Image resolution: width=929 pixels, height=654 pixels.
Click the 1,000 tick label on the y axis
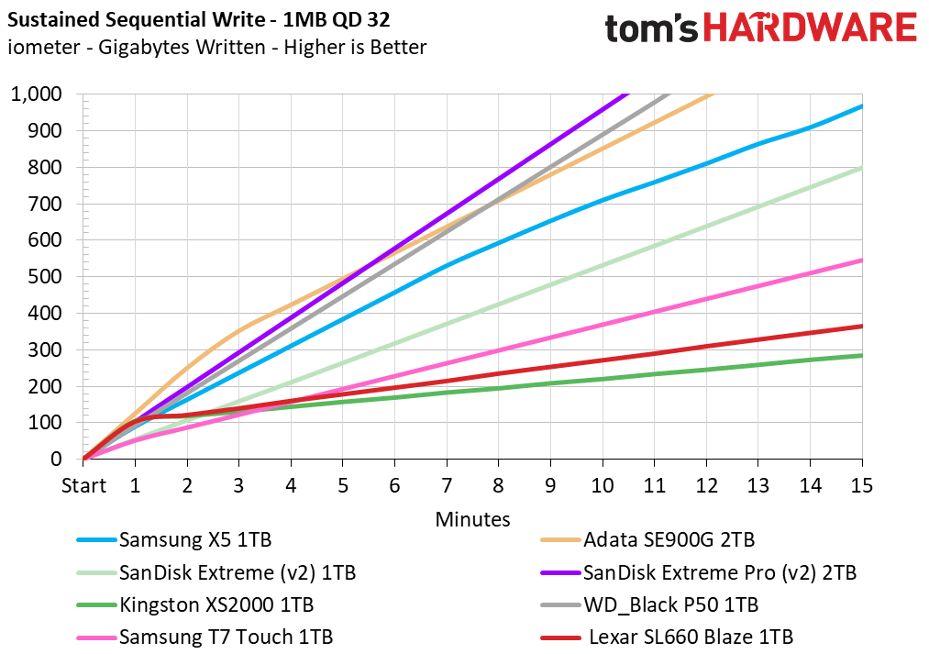pyautogui.click(x=36, y=94)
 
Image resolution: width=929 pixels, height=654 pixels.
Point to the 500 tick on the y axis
pyautogui.click(x=45, y=276)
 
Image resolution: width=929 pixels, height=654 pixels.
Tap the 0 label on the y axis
pyautogui.click(x=56, y=459)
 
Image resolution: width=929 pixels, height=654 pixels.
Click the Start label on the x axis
pyautogui.click(x=83, y=486)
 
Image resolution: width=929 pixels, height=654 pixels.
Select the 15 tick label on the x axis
pyautogui.click(x=861, y=486)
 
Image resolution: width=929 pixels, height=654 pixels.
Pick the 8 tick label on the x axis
pyautogui.click(x=498, y=486)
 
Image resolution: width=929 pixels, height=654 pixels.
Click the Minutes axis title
pyautogui.click(x=472, y=519)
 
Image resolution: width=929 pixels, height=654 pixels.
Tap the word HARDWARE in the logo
pyautogui.click(x=810, y=28)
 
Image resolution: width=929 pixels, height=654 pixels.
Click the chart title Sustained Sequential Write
pyautogui.click(x=136, y=20)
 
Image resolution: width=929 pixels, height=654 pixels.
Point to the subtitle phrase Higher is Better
pyautogui.click(x=355, y=47)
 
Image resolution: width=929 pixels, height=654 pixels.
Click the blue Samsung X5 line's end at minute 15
pyautogui.click(x=861, y=106)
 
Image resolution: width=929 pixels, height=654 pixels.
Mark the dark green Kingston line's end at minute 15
pyautogui.click(x=861, y=356)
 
